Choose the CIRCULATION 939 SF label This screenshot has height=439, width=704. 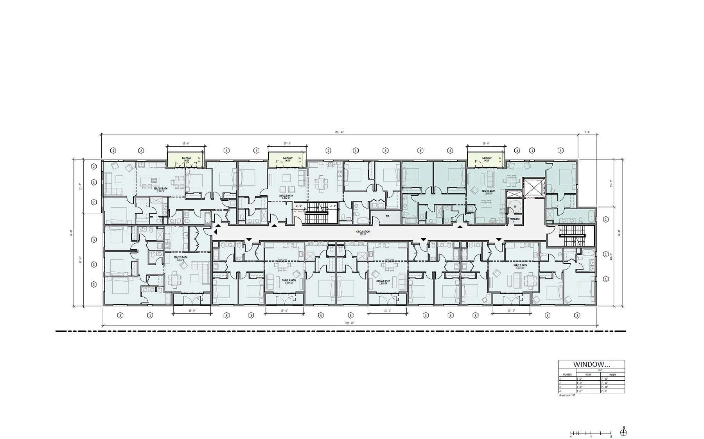(363, 233)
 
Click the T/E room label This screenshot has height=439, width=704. (387, 216)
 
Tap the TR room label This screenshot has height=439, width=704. (515, 207)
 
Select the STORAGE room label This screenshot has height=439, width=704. (515, 219)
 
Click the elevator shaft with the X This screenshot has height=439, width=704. (533, 188)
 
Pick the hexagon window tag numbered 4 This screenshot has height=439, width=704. (113, 151)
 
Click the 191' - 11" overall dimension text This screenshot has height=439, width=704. (339, 132)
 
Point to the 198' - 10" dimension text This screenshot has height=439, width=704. (350, 323)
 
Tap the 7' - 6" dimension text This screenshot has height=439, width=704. (587, 132)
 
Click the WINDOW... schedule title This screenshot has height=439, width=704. (591, 364)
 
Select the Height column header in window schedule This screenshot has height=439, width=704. (612, 374)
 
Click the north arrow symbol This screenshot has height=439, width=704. (623, 432)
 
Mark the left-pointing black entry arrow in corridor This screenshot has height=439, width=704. (215, 232)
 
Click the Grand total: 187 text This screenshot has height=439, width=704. (567, 395)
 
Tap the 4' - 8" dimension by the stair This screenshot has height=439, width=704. (299, 206)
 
